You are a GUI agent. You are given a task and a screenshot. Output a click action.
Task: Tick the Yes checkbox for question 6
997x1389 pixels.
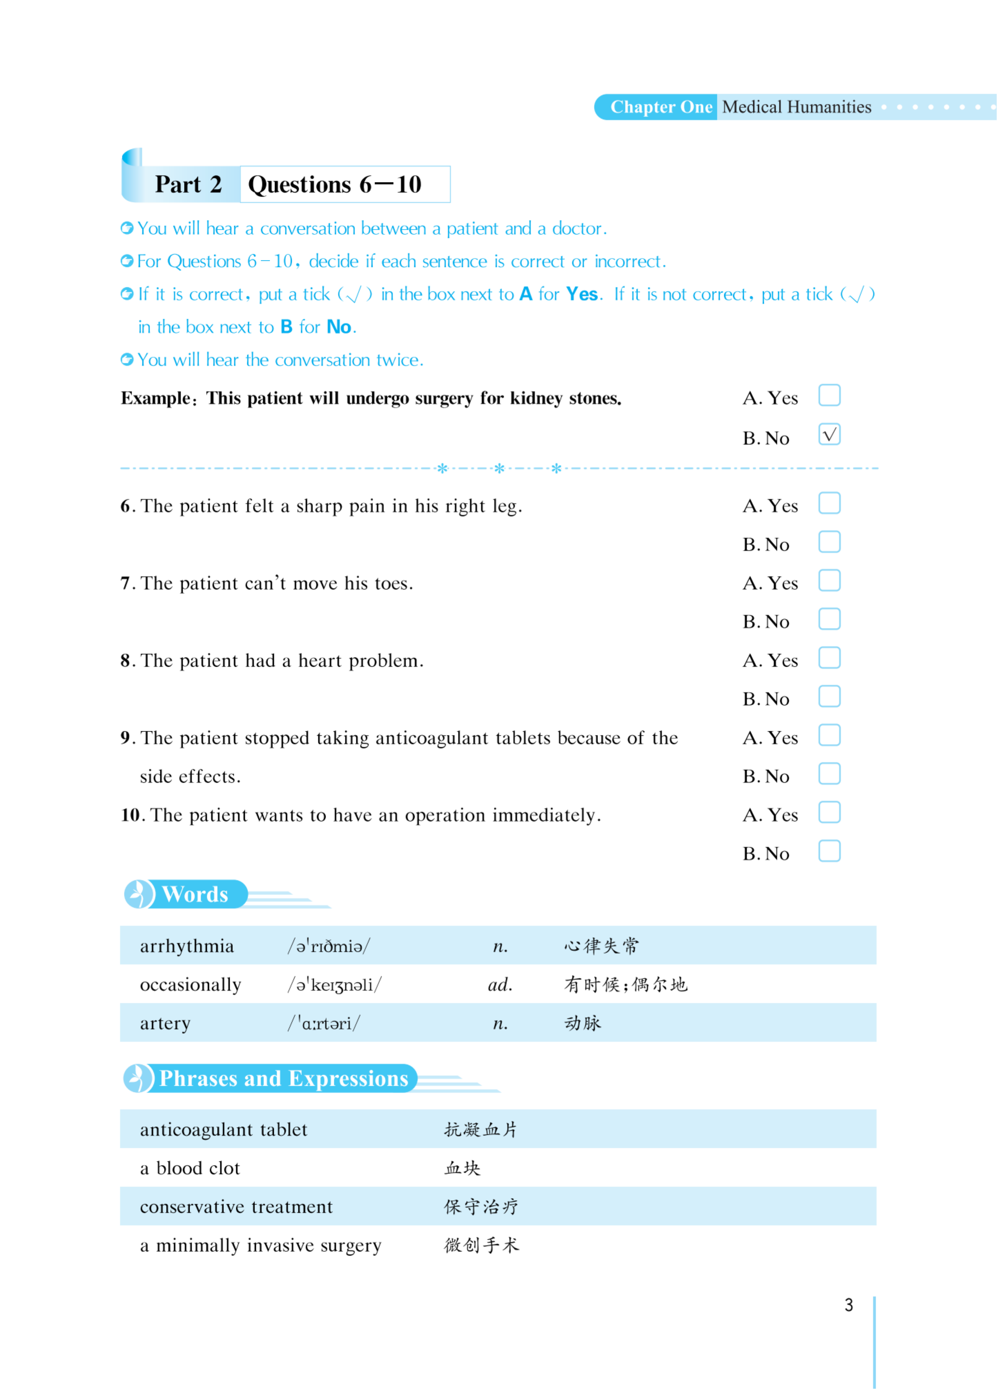829,503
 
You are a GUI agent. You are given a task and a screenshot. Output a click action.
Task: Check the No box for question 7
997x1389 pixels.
829,619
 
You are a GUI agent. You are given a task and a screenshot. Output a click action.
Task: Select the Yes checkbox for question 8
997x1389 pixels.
829,658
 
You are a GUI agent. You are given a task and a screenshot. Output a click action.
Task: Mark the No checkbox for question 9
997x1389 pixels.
829,773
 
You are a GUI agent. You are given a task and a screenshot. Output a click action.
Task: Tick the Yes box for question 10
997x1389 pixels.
829,813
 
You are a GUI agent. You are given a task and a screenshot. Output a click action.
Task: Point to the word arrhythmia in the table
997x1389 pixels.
187,946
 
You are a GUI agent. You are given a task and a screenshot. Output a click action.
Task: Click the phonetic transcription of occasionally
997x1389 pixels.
334,985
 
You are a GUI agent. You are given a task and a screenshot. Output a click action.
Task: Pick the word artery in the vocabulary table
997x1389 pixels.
165,1024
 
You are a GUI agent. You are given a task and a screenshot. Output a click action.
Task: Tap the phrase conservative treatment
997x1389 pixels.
237,1207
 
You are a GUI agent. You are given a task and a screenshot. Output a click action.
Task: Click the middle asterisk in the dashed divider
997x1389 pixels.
499,468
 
